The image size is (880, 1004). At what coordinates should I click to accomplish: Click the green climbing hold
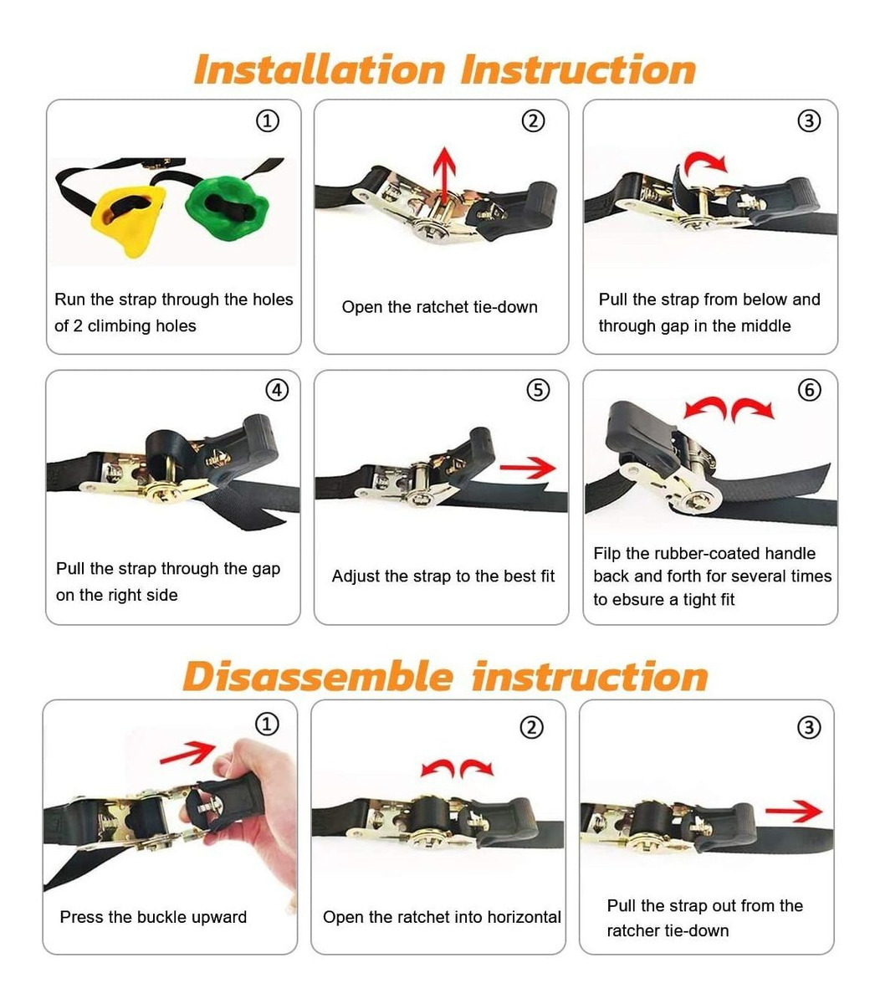pyautogui.click(x=226, y=206)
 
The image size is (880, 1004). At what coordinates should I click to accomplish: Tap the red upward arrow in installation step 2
pyautogui.click(x=444, y=175)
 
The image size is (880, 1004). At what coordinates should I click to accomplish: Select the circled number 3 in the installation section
pyautogui.click(x=809, y=120)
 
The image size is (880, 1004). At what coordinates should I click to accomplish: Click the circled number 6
pyautogui.click(x=809, y=390)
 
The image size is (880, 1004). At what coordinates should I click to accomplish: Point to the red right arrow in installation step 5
pyautogui.click(x=528, y=468)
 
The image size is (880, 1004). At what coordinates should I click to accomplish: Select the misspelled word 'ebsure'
pyautogui.click(x=640, y=600)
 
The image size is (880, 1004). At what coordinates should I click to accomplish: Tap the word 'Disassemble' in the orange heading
pyautogui.click(x=318, y=677)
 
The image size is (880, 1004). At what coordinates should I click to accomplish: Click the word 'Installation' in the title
pyautogui.click(x=320, y=70)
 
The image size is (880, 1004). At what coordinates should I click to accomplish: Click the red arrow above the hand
pyautogui.click(x=187, y=753)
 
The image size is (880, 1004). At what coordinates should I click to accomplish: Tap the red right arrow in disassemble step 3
pyautogui.click(x=793, y=812)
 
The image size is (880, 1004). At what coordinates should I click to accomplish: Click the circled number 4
pyautogui.click(x=277, y=390)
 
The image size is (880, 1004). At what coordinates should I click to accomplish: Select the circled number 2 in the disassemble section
pyautogui.click(x=532, y=727)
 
